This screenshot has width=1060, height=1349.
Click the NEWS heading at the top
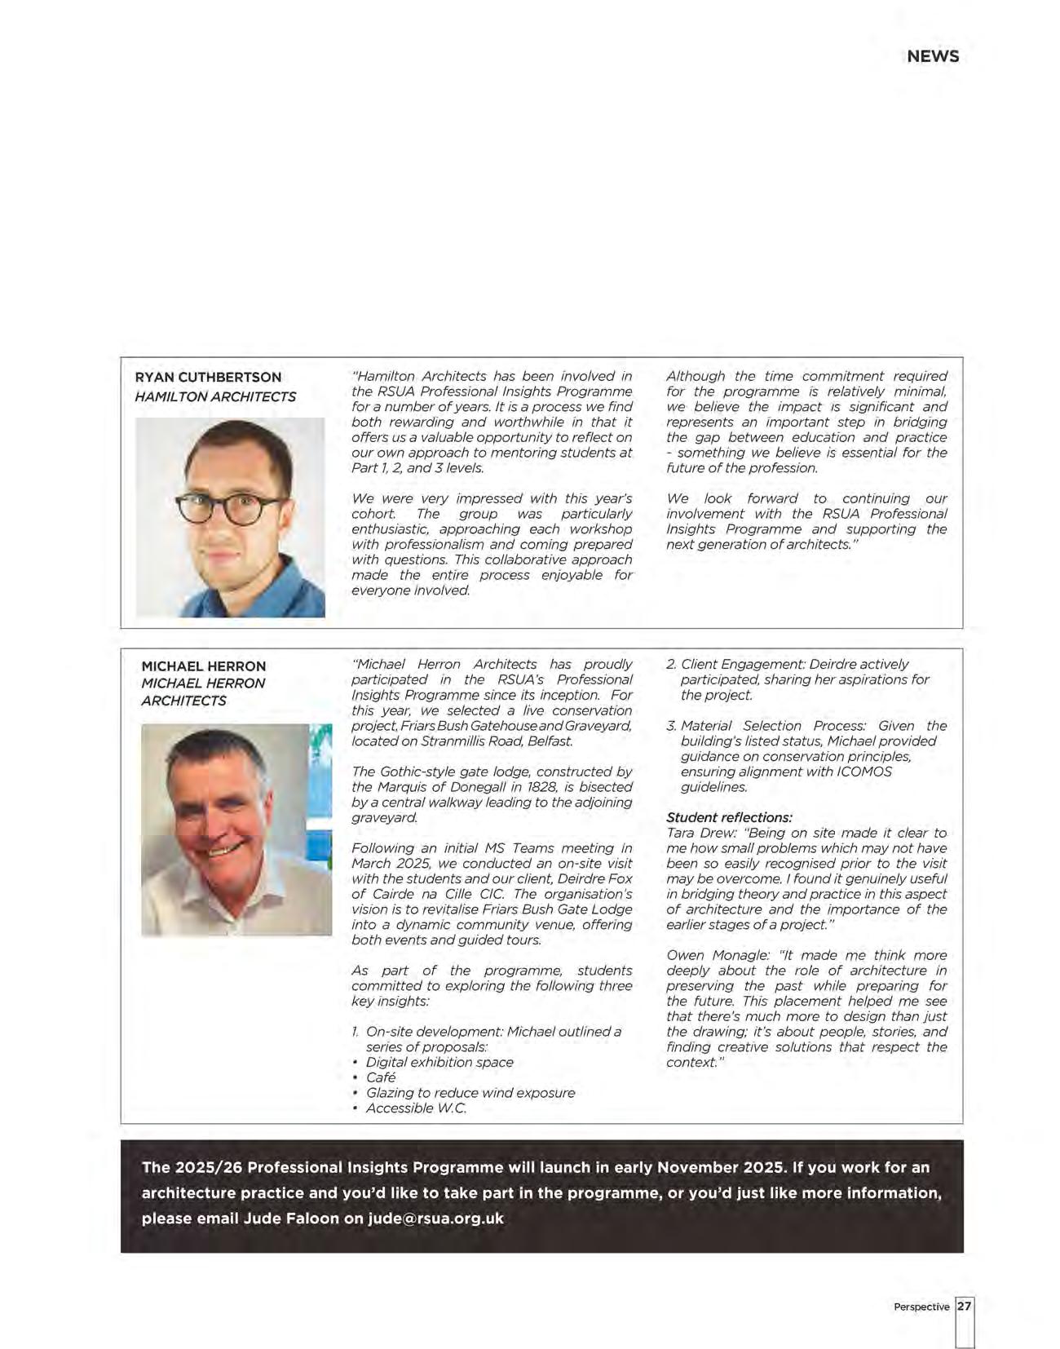click(x=933, y=56)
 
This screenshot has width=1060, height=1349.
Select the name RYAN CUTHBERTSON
click(x=208, y=377)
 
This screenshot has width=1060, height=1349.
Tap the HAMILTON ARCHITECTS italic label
click(x=215, y=396)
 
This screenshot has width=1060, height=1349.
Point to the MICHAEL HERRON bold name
click(x=203, y=666)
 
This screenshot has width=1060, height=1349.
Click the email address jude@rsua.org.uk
click(x=435, y=1219)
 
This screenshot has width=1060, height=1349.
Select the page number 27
click(x=965, y=1306)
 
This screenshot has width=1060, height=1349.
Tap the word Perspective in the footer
click(x=921, y=1307)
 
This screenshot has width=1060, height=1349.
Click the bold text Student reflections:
click(x=729, y=817)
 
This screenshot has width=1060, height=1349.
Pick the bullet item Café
click(x=381, y=1077)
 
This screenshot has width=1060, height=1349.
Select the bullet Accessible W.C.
click(x=416, y=1108)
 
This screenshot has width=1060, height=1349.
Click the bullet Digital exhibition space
click(x=439, y=1062)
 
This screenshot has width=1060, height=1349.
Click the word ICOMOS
click(x=864, y=772)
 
